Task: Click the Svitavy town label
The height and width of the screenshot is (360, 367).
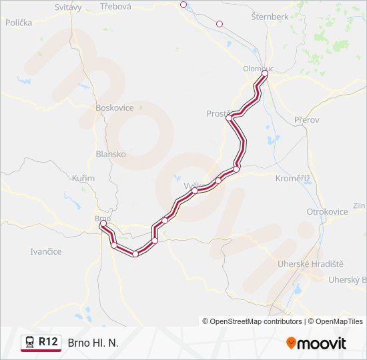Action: [x=68, y=7]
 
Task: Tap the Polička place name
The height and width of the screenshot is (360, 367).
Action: [x=19, y=23]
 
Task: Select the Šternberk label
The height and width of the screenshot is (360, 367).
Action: [x=270, y=16]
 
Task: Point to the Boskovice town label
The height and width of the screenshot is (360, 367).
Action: [x=115, y=107]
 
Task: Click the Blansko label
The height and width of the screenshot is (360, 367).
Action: [x=111, y=153]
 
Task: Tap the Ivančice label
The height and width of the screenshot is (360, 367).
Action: [x=46, y=251]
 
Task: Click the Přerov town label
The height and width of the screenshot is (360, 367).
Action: [x=307, y=120]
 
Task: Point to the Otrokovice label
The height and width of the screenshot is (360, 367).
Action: [x=327, y=211]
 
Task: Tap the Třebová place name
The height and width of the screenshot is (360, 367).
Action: [x=115, y=6]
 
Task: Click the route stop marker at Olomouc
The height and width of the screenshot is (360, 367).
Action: [x=265, y=73]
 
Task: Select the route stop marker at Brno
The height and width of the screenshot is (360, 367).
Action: [x=103, y=223]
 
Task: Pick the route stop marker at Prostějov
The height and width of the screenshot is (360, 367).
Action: [x=229, y=118]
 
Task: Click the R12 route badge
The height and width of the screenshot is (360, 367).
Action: [x=47, y=342]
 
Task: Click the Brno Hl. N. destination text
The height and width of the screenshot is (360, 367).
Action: [x=93, y=343]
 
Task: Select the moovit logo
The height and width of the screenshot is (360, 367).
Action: [x=316, y=343]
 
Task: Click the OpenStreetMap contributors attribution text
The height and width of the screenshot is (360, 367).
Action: [x=252, y=321]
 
